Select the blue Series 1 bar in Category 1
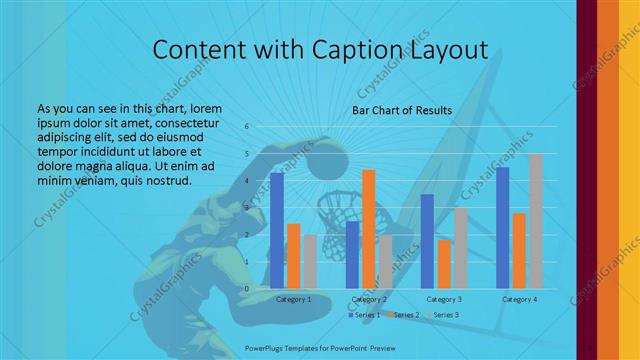[x=277, y=230]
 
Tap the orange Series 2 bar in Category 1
[x=293, y=256]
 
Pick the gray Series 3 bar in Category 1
[x=310, y=261]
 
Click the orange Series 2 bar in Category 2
[x=369, y=229]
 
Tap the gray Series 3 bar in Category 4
[x=536, y=220]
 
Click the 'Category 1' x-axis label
[x=293, y=299]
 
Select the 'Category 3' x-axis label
[x=444, y=299]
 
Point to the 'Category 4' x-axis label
[x=519, y=299]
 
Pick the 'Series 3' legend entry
[x=443, y=315]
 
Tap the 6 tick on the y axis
[x=247, y=127]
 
